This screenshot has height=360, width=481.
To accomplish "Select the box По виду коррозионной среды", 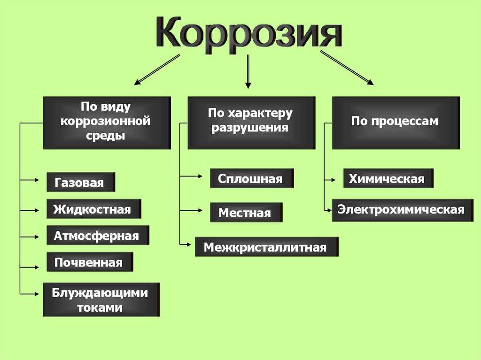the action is [107, 122].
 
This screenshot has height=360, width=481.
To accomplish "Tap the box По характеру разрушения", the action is [251, 122].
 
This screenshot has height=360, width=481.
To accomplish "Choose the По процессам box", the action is [395, 122].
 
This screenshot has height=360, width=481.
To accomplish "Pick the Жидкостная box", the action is [93, 208].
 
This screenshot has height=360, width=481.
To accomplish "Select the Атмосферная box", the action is [97, 235].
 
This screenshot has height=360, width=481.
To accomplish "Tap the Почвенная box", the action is [89, 262].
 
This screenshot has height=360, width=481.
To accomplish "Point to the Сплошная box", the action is [251, 178].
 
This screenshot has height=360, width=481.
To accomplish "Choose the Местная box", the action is [246, 213].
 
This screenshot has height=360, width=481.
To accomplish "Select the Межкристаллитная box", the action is [266, 247].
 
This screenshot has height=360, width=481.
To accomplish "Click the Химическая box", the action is [388, 178].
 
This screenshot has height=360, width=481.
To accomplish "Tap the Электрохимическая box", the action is [400, 209].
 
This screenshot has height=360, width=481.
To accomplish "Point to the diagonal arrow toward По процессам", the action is [347, 69].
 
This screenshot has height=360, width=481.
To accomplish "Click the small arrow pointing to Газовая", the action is [30, 179].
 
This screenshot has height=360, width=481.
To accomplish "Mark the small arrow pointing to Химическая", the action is [330, 179].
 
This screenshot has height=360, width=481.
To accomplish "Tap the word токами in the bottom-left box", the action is [101, 307].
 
